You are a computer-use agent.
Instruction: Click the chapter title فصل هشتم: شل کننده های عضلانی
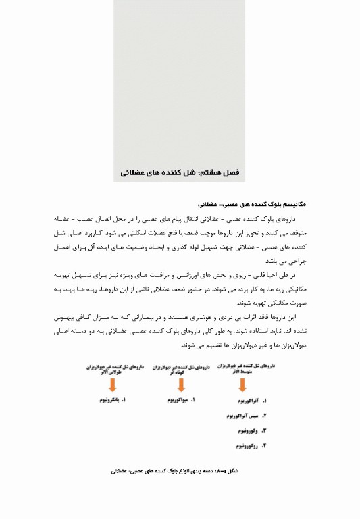(x=181, y=173)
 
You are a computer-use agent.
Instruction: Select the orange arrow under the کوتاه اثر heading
(x=180, y=385)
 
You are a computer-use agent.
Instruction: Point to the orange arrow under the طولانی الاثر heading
(x=111, y=385)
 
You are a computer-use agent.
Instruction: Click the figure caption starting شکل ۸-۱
(x=179, y=468)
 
